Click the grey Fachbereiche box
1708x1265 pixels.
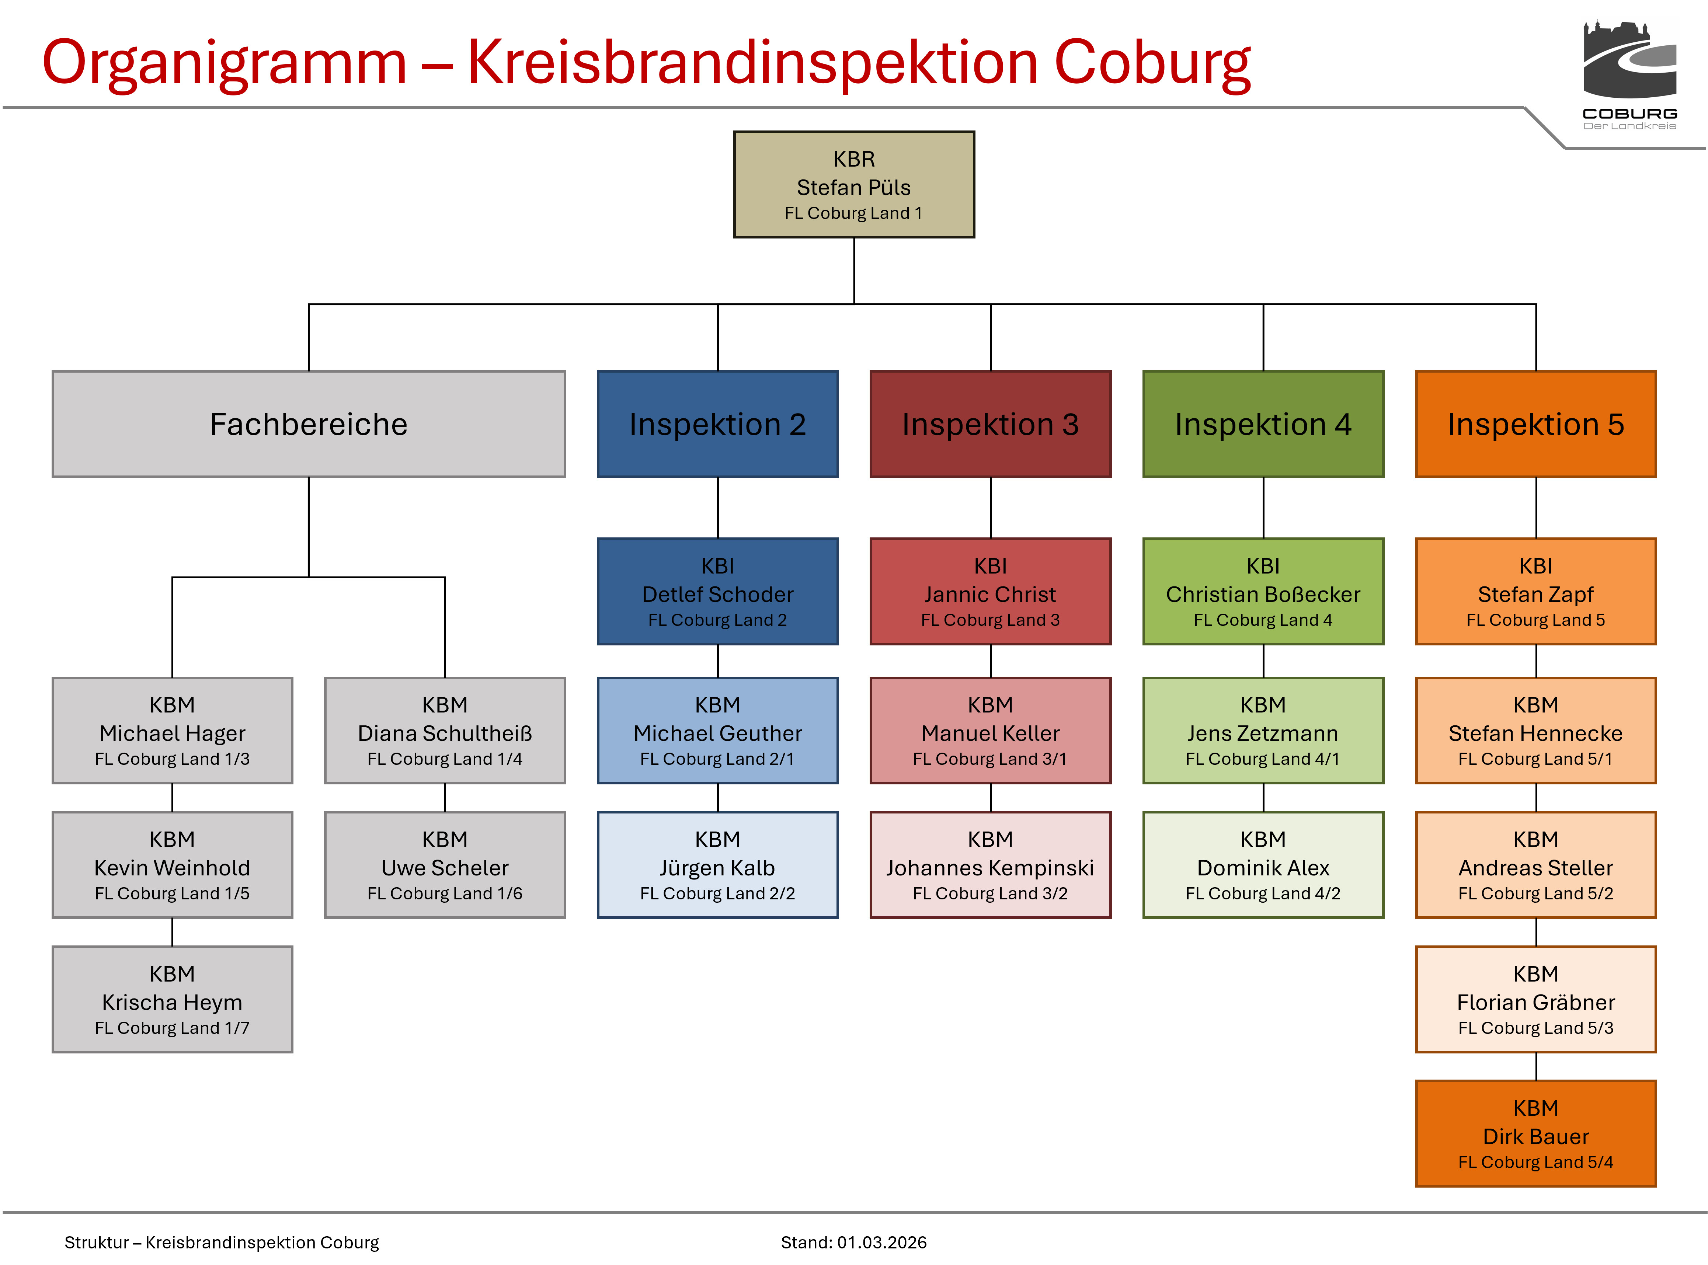(x=309, y=424)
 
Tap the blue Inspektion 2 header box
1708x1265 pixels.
(x=718, y=424)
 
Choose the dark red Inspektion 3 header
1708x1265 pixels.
(x=990, y=424)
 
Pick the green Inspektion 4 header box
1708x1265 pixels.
(x=1263, y=424)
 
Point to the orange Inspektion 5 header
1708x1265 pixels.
(x=1536, y=424)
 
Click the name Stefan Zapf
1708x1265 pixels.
(x=1536, y=594)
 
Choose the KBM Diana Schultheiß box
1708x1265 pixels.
(x=445, y=731)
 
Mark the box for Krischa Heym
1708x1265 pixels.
(x=172, y=999)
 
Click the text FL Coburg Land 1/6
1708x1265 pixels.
(x=445, y=893)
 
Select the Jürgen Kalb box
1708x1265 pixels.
(x=718, y=865)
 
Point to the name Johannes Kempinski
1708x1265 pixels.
(x=990, y=868)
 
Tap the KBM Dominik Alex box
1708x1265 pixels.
(x=1263, y=865)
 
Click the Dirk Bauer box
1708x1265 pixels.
(x=1536, y=1134)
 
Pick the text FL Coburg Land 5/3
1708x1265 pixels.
(x=1536, y=1028)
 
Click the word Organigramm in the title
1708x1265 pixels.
(x=224, y=63)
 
